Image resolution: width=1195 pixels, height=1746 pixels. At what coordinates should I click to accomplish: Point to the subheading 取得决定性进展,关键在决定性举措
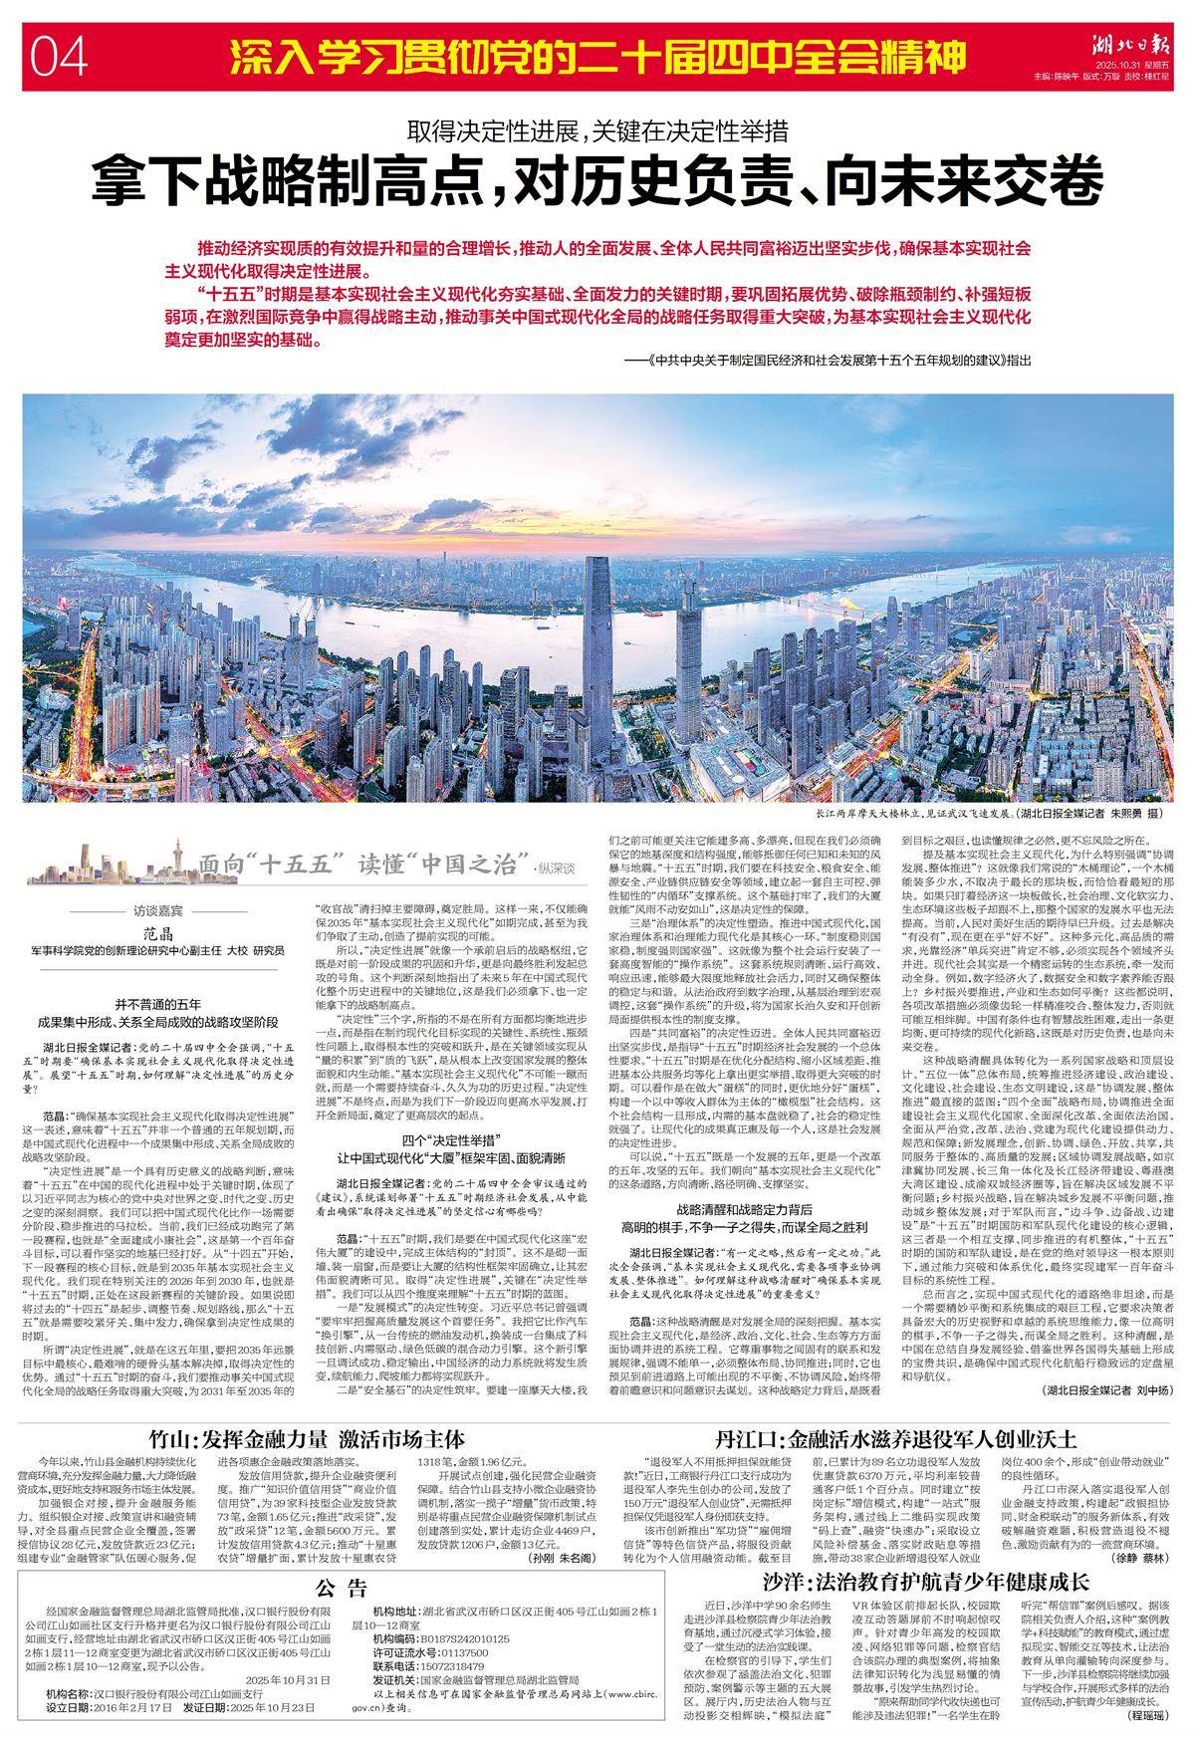pos(597,129)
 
